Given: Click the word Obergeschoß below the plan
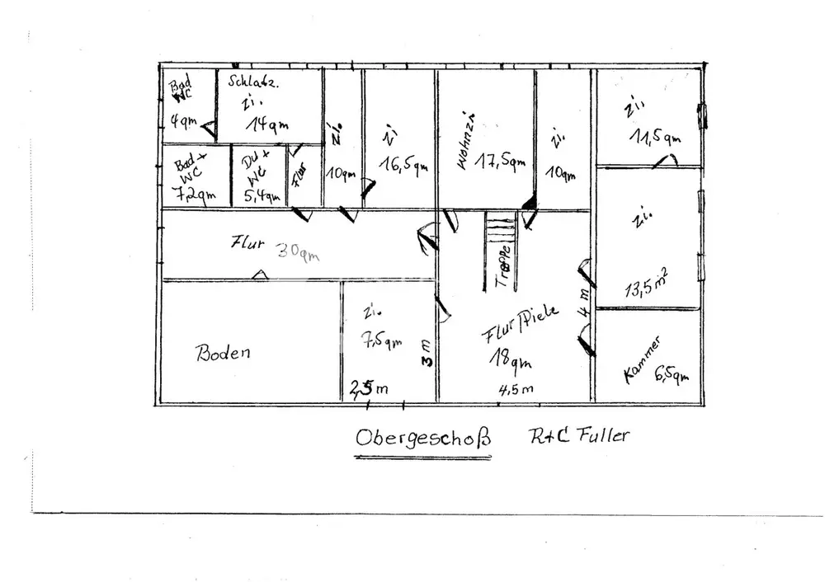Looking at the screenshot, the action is click(422, 437).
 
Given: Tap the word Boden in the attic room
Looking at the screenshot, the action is click(223, 353).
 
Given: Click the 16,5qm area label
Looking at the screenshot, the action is click(403, 163).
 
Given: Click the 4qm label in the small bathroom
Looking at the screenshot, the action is click(183, 123).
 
